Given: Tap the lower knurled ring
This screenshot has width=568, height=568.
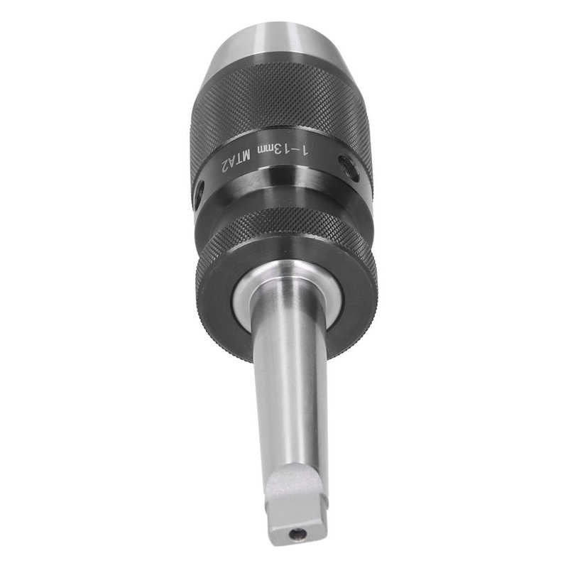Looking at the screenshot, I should (x=284, y=227).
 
